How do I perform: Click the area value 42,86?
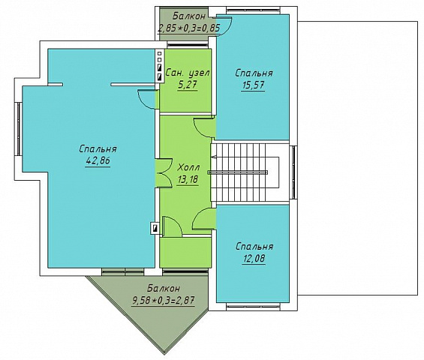(x=98, y=161)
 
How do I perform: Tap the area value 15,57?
(x=253, y=85)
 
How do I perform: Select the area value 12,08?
(x=254, y=259)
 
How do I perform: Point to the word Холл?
(x=188, y=167)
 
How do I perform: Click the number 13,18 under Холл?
(x=188, y=179)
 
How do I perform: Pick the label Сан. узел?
(x=188, y=73)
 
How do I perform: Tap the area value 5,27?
(x=188, y=85)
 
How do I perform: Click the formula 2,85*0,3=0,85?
(x=189, y=28)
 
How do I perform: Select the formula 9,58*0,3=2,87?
(x=164, y=300)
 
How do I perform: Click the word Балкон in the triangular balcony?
(x=164, y=289)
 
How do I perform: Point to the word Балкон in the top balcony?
(x=189, y=16)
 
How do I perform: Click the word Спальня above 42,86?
(x=98, y=149)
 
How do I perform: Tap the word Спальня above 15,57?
(x=254, y=73)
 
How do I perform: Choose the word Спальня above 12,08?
(x=254, y=247)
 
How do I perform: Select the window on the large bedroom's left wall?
(x=19, y=129)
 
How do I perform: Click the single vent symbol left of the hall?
(x=155, y=229)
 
